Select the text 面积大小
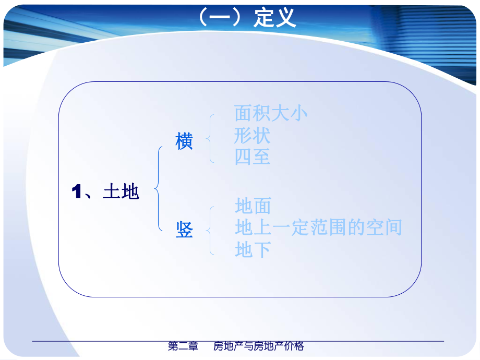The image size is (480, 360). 271,113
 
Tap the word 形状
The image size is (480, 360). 253,135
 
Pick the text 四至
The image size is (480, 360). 253,157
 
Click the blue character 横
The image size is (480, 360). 184,141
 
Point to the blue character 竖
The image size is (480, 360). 184,230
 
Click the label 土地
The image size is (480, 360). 122,192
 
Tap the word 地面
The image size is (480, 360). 253,206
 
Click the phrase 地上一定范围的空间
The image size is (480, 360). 318,227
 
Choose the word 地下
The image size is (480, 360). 253,250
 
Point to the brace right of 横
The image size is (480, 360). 209,138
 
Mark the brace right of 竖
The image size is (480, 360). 209,230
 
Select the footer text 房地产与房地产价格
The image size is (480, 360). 259,346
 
